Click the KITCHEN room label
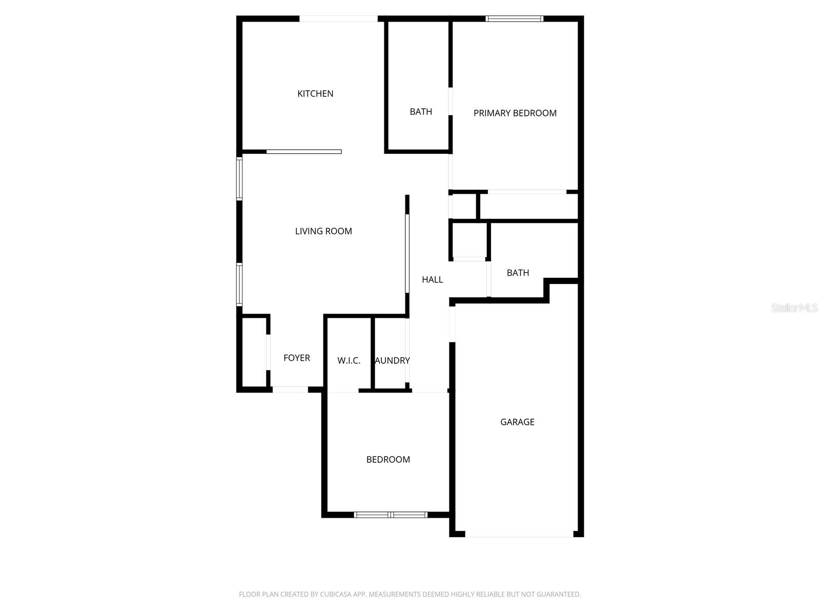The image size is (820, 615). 315,94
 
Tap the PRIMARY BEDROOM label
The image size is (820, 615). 515,113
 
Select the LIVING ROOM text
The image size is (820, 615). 323,231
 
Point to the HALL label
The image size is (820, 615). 432,280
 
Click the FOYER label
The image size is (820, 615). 297,358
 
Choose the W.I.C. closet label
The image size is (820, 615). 348,361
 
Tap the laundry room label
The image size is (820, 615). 393,361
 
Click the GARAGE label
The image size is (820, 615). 517,422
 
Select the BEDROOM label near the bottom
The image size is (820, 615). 388,460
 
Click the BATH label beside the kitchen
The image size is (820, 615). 421,112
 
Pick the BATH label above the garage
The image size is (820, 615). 518,273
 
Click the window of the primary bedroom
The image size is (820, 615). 514,19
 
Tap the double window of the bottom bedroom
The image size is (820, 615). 391,515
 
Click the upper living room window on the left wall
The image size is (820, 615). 239,178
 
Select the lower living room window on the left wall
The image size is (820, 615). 239,284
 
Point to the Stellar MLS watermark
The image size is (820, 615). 794,308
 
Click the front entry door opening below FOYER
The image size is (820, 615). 290,390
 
